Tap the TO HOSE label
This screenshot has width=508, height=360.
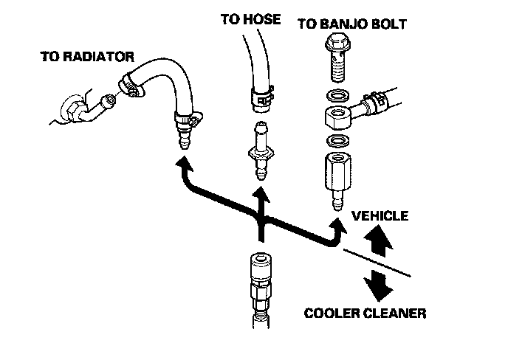coord(251,19)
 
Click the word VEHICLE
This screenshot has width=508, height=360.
coord(380,216)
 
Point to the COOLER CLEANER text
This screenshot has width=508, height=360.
coord(365,314)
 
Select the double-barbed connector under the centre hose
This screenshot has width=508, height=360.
coord(259,147)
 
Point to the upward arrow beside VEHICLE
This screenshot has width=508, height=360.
coord(377,240)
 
